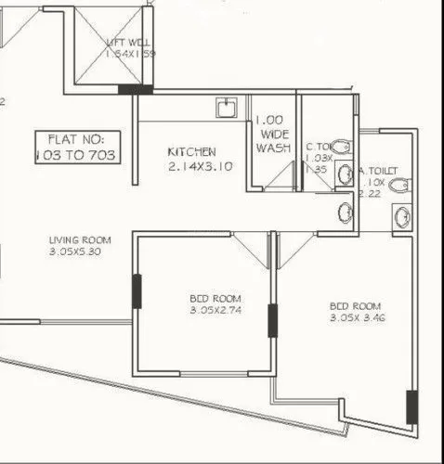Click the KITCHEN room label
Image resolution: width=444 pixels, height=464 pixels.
pos(192,151)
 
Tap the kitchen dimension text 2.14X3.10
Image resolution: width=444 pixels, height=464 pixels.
pos(201,167)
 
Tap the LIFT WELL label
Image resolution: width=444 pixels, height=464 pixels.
pos(130,42)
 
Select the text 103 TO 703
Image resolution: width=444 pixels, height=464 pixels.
pos(76,155)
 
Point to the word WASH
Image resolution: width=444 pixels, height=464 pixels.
pos(274,148)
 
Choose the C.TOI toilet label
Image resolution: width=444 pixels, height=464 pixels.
pos(318,148)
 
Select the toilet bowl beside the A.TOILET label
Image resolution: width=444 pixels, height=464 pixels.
pos(399,186)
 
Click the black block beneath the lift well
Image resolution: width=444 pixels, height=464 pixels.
pos(136,89)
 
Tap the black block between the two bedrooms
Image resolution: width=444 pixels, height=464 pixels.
pos(273,320)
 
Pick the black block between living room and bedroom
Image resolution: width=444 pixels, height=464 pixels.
pos(137,291)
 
